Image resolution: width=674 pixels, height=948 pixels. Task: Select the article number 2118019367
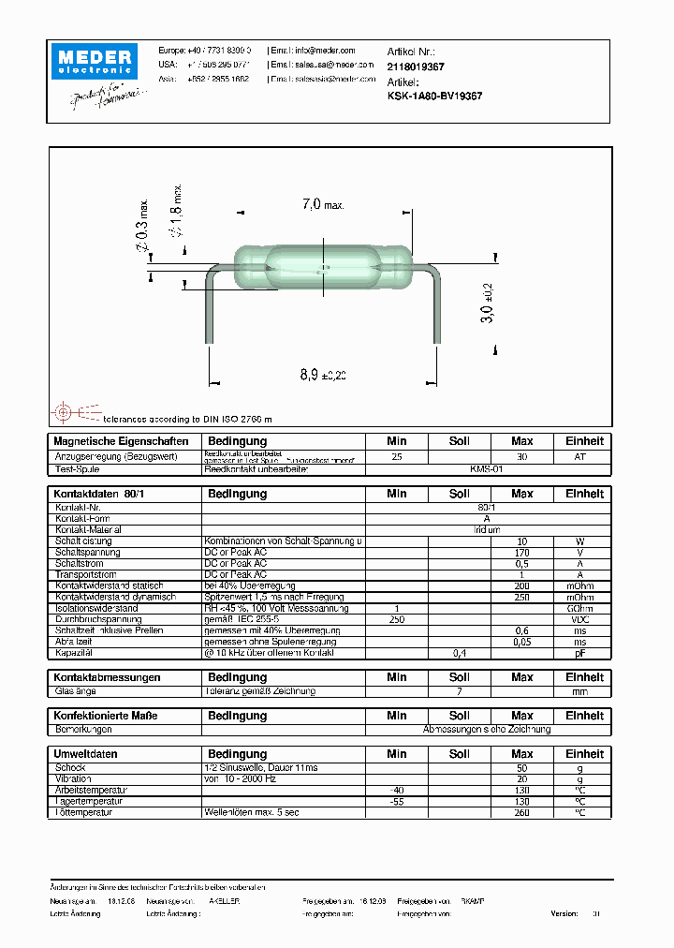(416, 67)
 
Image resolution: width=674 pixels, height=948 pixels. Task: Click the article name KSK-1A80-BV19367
(434, 96)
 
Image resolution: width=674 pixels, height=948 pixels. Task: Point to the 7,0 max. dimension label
(323, 203)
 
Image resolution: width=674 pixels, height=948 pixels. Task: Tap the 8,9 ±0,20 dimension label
(323, 375)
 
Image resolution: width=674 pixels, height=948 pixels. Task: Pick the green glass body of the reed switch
(322, 268)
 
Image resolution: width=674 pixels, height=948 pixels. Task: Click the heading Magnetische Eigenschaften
(122, 441)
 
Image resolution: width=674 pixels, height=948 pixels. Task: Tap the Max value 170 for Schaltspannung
(521, 553)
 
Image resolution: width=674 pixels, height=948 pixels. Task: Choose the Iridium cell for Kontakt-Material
(487, 530)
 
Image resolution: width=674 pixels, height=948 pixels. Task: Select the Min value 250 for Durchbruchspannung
(396, 619)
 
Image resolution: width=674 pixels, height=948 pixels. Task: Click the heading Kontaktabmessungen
(108, 677)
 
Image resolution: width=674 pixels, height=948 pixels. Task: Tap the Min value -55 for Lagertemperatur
(396, 801)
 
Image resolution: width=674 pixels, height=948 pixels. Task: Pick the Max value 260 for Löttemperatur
(521, 812)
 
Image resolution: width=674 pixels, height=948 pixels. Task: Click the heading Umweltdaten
(85, 754)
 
